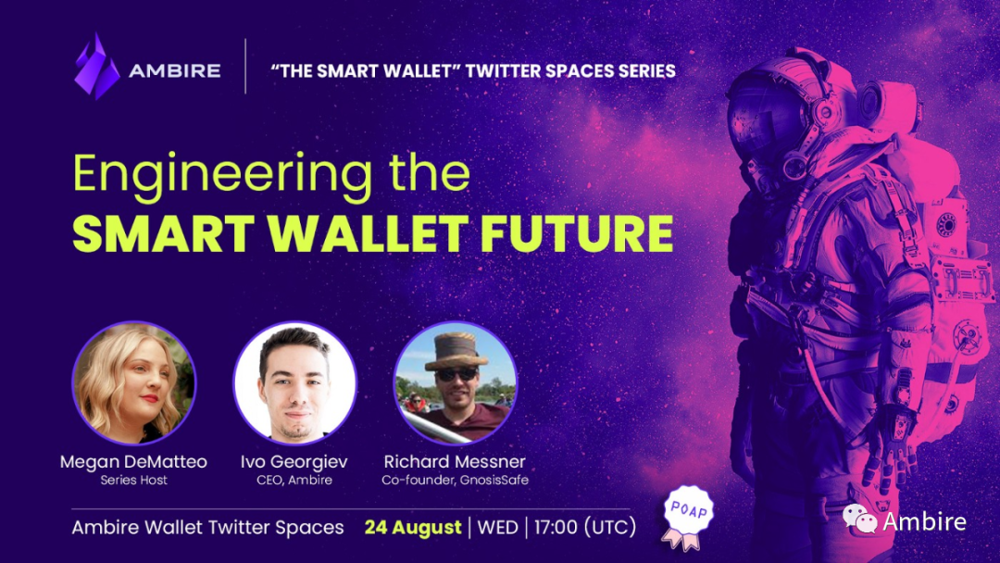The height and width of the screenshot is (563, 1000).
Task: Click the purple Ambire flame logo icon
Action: [96, 67]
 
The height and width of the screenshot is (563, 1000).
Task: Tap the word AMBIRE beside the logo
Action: [175, 70]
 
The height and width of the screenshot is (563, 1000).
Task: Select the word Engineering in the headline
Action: [222, 173]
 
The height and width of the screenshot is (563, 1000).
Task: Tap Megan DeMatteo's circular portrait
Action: [134, 382]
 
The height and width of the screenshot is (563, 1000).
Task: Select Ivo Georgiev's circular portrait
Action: [294, 382]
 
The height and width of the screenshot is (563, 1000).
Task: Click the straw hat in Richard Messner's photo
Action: [456, 351]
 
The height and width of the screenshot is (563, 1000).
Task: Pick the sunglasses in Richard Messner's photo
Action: [456, 374]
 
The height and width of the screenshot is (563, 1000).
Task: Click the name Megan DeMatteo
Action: [133, 462]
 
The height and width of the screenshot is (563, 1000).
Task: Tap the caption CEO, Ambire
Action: [294, 480]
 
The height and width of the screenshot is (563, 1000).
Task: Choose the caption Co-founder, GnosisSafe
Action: [456, 480]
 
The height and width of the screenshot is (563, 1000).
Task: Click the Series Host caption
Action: [134, 480]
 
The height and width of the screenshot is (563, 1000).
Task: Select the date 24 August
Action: [413, 527]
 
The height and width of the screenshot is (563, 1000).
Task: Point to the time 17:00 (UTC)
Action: [585, 527]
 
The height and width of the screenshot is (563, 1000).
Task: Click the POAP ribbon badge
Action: [687, 518]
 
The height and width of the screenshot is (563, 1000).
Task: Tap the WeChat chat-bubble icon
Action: [859, 519]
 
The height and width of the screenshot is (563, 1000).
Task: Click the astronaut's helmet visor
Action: [768, 119]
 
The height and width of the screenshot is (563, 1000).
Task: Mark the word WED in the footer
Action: [497, 527]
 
